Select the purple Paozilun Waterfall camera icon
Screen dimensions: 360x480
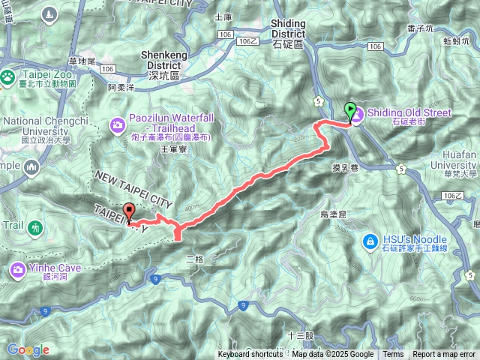pos(117,124)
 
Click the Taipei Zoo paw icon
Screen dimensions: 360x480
pos(7,76)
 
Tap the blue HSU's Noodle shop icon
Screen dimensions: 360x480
pos(370,241)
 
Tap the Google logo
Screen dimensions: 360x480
pos(28,349)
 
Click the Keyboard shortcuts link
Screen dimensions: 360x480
pos(250,355)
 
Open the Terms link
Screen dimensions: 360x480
pos(392,355)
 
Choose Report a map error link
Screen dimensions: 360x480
pos(444,355)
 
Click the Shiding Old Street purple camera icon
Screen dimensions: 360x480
pos(356,114)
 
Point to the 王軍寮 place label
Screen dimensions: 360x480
pos(173,149)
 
